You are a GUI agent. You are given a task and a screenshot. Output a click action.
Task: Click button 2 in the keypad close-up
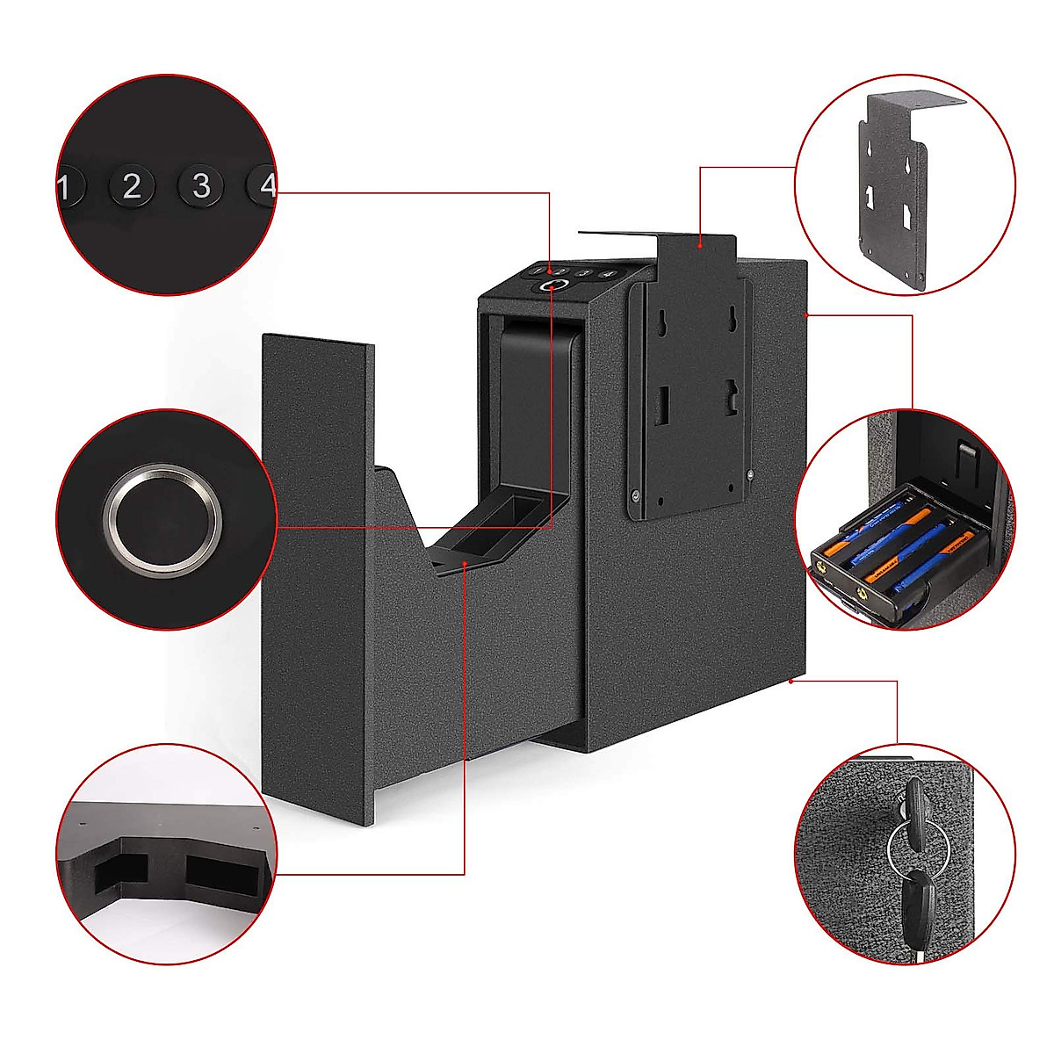pyautogui.click(x=132, y=186)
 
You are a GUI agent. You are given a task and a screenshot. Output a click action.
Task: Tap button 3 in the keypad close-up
pyautogui.click(x=201, y=185)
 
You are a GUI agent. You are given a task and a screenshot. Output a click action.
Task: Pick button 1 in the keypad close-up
pyautogui.click(x=69, y=187)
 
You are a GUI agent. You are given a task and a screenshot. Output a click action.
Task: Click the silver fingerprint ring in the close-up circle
pyautogui.click(x=162, y=520)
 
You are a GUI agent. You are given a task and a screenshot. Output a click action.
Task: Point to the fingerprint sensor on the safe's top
pyautogui.click(x=552, y=286)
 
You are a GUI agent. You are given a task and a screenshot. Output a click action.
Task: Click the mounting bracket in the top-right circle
pyautogui.click(x=896, y=193)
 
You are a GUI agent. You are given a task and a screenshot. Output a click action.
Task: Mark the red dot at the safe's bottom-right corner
pyautogui.click(x=791, y=680)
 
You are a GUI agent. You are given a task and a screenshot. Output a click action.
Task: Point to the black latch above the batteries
pyautogui.click(x=966, y=462)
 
